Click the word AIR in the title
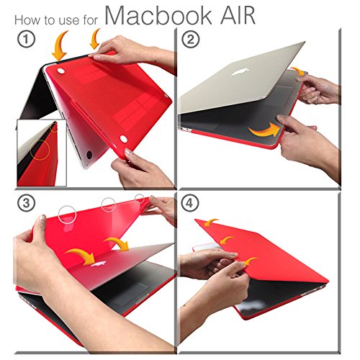[238, 16]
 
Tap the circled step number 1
[26, 40]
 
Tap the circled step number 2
[191, 40]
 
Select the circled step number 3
[26, 203]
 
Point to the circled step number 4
[190, 203]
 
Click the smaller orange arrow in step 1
[95, 38]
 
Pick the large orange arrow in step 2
[265, 130]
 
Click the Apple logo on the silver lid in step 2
[240, 71]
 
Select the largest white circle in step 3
[67, 215]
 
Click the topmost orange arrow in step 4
[211, 222]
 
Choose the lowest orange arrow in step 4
[250, 261]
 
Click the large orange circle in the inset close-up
[40, 150]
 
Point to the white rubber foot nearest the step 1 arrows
[61, 71]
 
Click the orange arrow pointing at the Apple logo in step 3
[81, 256]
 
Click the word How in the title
[24, 19]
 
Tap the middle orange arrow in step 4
[227, 240]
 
